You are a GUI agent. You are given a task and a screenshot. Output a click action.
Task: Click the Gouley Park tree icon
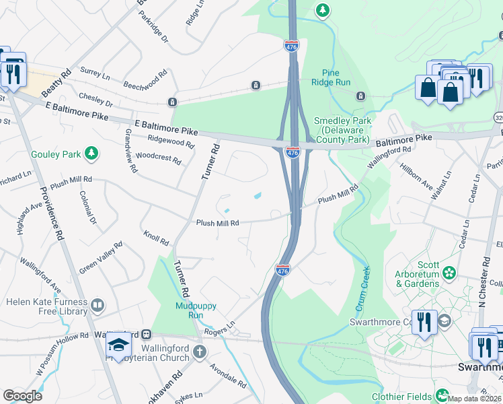tap(91, 154)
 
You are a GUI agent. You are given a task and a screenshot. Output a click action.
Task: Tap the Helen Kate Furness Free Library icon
tap(98, 306)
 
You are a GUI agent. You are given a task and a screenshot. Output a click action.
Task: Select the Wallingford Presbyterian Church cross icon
tap(200, 351)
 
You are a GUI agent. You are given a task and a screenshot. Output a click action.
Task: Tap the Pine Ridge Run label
tap(331, 77)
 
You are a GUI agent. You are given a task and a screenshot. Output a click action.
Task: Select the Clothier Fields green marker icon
tap(442, 395)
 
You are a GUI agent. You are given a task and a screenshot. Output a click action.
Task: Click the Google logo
tap(22, 395)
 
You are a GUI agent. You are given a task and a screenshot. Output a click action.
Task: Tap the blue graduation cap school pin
tap(119, 344)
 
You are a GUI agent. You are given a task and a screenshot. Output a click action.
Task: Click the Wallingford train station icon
tap(145, 335)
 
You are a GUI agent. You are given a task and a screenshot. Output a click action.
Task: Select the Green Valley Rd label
tap(101, 258)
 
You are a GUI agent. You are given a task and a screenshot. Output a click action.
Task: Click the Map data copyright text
tap(474, 398)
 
